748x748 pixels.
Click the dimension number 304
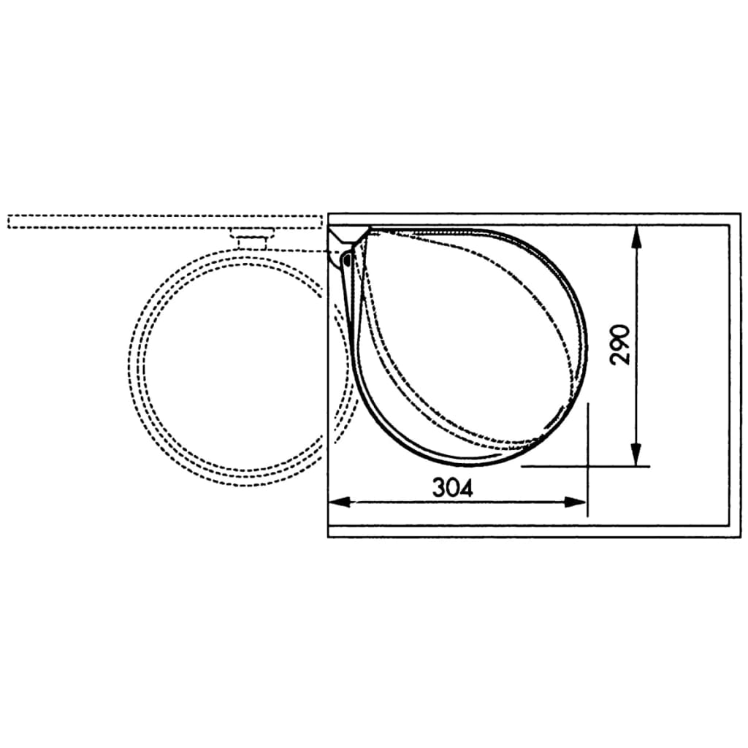tap(453, 487)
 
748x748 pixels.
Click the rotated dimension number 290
tap(620, 345)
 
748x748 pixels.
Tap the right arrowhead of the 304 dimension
tap(575, 502)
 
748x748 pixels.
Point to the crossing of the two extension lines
tap(588, 466)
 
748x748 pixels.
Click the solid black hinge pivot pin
tap(347, 260)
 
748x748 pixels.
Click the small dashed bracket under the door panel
tap(252, 238)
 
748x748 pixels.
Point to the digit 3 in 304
tap(438, 487)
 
